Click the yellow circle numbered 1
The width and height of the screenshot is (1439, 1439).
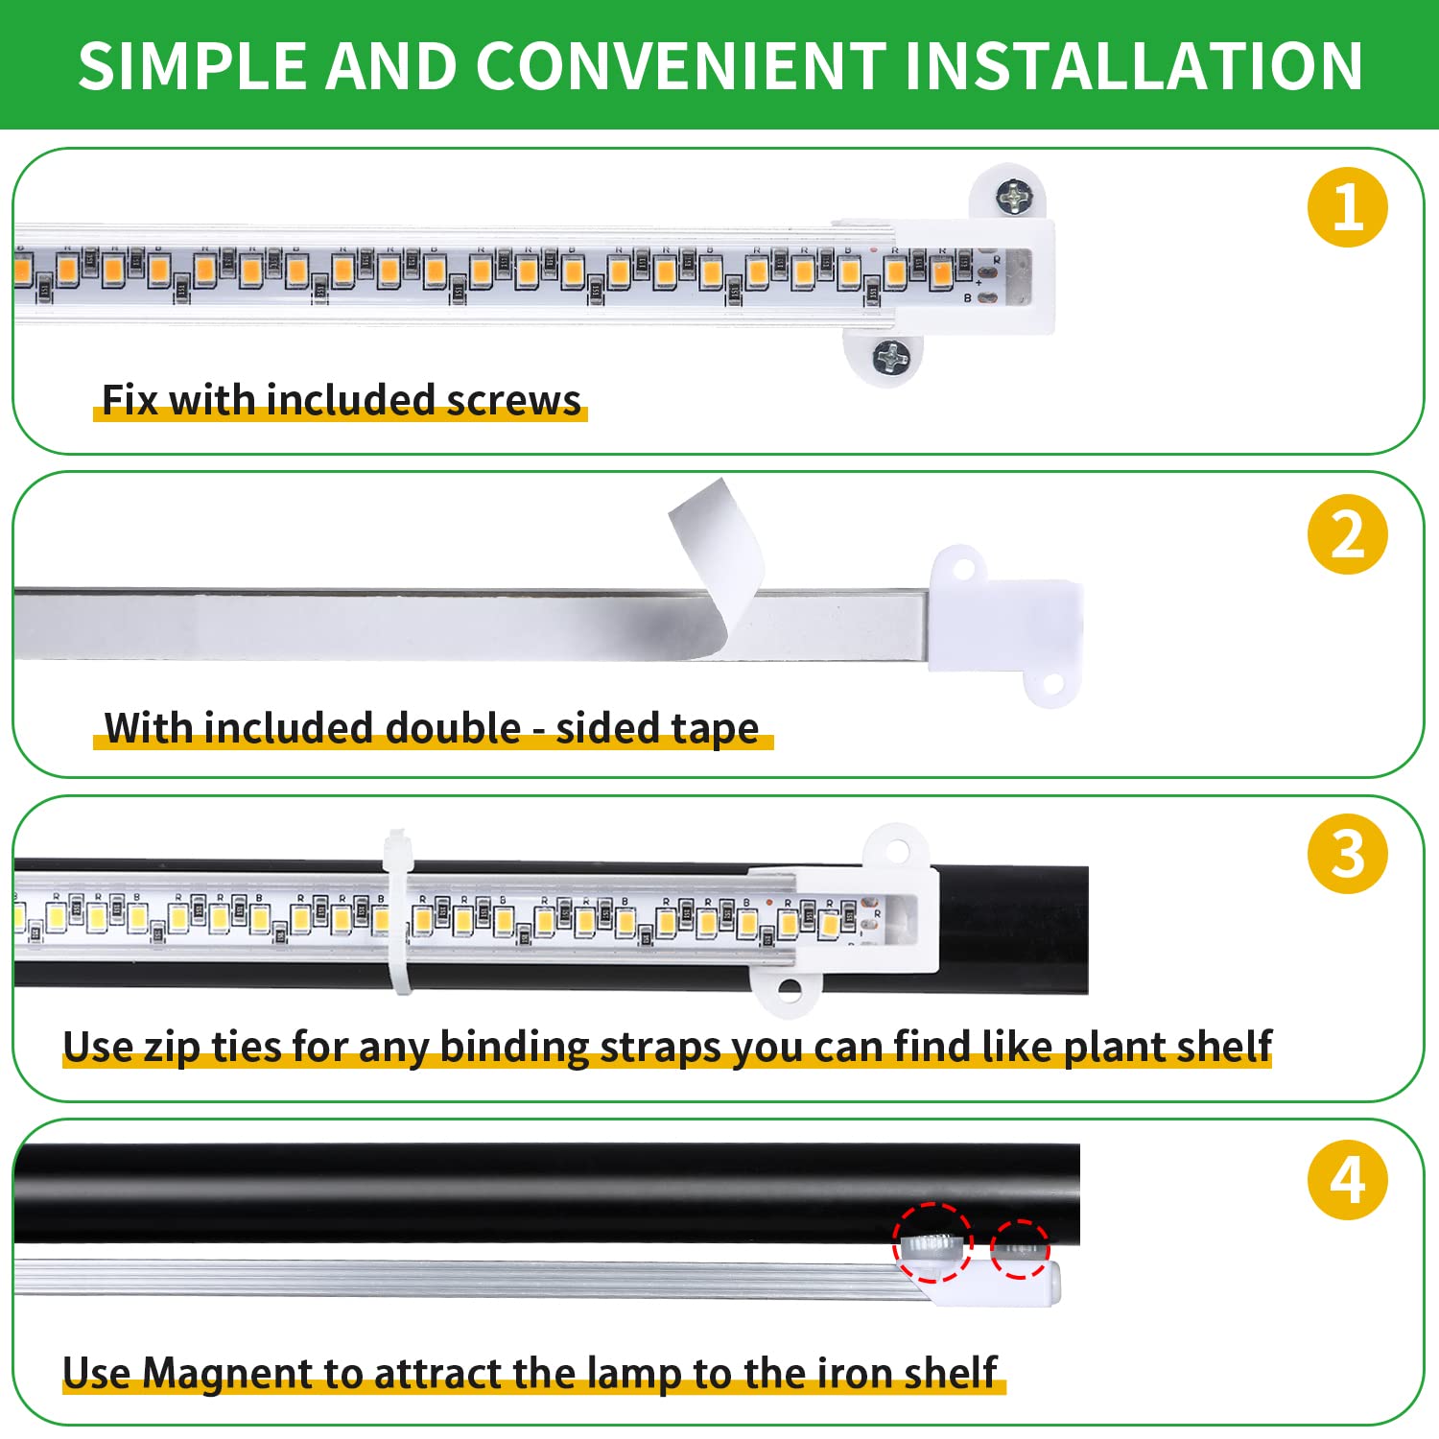pyautogui.click(x=1347, y=207)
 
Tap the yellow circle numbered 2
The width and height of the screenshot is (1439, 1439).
pyautogui.click(x=1347, y=534)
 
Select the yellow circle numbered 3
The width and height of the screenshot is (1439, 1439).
pyautogui.click(x=1347, y=854)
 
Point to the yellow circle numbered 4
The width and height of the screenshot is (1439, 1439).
pyautogui.click(x=1347, y=1180)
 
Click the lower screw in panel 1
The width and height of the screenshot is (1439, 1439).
pyautogui.click(x=890, y=358)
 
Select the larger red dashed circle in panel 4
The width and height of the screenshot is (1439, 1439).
pyautogui.click(x=932, y=1243)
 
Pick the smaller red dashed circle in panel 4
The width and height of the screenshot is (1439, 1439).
pyautogui.click(x=1020, y=1249)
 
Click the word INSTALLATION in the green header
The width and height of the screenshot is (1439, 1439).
pyautogui.click(x=1132, y=66)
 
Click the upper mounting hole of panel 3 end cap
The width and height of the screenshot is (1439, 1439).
pyautogui.click(x=897, y=850)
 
